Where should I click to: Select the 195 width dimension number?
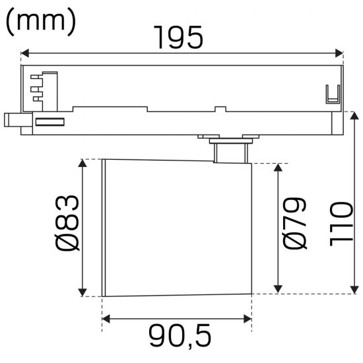[x=178, y=37]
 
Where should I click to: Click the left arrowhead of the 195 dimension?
[x=24, y=53]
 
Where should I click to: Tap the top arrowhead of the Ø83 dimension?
[x=83, y=163]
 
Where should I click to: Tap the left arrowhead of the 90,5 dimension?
[x=106, y=319]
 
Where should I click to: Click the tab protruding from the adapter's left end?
[x=12, y=121]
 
